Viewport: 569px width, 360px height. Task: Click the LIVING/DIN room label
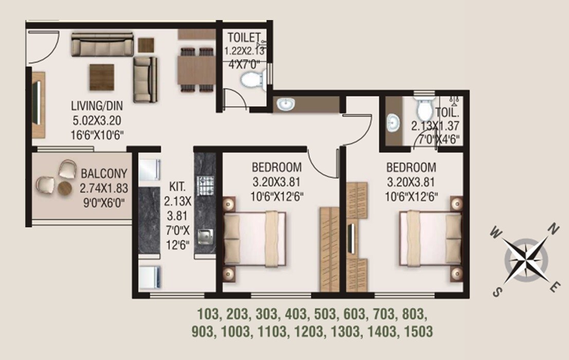tap(97, 106)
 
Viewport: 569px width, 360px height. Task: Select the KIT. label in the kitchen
tap(177, 186)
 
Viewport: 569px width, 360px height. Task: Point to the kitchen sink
tap(207, 238)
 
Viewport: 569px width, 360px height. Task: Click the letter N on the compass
tap(553, 228)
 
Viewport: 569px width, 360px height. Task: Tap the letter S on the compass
tap(497, 292)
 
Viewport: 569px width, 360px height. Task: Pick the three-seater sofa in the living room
tap(102, 45)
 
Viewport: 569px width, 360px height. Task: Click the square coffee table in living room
tap(101, 76)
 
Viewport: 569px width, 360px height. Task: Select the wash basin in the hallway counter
tap(285, 105)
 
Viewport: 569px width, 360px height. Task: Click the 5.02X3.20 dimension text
tap(97, 121)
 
